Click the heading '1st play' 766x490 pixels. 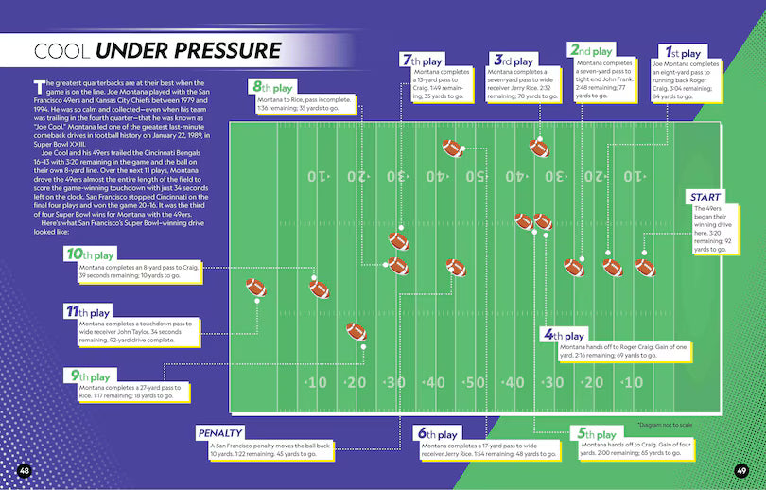click(x=683, y=53)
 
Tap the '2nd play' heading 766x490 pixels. click(x=590, y=50)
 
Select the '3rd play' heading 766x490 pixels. click(x=511, y=60)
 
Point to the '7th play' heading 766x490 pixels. click(x=423, y=60)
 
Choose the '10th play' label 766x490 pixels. click(x=90, y=254)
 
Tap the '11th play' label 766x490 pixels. click(x=88, y=311)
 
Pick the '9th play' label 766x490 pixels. click(x=88, y=376)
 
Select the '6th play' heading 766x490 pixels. click(x=437, y=434)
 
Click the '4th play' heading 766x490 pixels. click(x=563, y=335)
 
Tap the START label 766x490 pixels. click(x=707, y=197)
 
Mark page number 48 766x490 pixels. click(x=25, y=470)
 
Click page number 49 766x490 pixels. click(x=742, y=470)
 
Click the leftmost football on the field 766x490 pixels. click(x=256, y=288)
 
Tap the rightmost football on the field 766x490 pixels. click(x=645, y=268)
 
